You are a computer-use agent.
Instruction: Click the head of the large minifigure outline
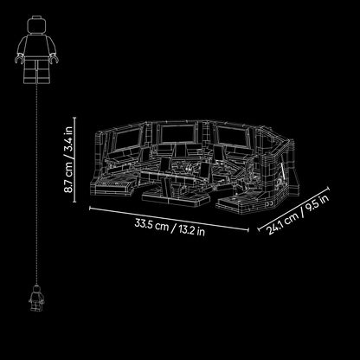pyautogui.click(x=36, y=24)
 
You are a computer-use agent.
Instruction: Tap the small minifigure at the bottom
pyautogui.click(x=36, y=298)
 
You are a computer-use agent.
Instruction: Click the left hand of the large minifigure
pyautogui.click(x=19, y=59)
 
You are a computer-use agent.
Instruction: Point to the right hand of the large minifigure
pyautogui.click(x=54, y=59)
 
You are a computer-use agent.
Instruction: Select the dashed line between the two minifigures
pyautogui.click(x=36, y=184)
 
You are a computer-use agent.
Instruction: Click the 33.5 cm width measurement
pyautogui.click(x=151, y=225)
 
